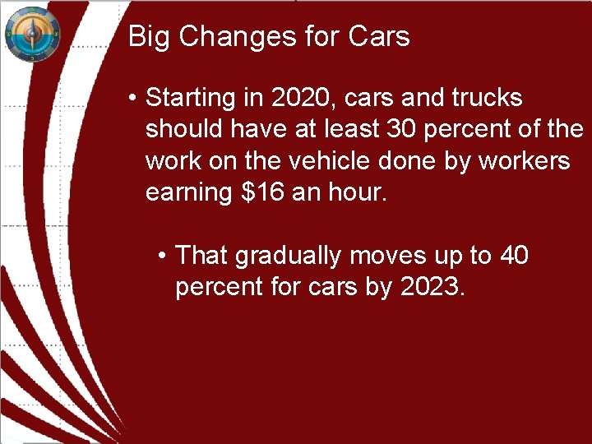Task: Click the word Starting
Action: click(190, 98)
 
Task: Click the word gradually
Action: click(289, 256)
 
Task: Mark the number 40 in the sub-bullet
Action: click(514, 256)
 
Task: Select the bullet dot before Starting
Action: click(132, 99)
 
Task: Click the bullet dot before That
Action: click(163, 257)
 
